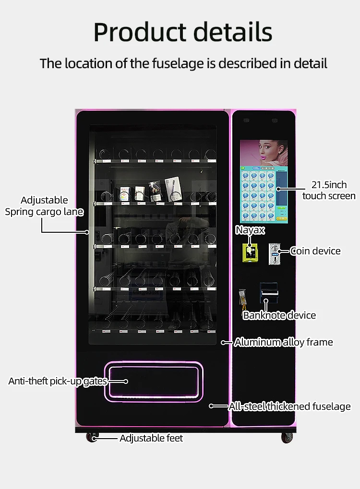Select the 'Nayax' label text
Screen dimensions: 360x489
[250, 230]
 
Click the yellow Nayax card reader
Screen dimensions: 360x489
[249, 251]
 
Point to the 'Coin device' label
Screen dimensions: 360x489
[315, 251]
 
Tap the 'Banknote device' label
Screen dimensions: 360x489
[279, 315]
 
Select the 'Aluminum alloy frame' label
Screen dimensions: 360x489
[283, 342]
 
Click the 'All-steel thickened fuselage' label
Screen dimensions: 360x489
[289, 406]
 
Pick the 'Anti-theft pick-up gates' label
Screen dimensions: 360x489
[58, 382]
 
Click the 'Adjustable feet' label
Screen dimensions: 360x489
[151, 438]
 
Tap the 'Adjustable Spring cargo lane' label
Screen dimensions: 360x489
[44, 206]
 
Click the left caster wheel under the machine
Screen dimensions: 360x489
[92, 437]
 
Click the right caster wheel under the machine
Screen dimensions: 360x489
[287, 437]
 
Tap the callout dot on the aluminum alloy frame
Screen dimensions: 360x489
[223, 343]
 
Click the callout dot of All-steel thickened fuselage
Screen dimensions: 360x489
[211, 406]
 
